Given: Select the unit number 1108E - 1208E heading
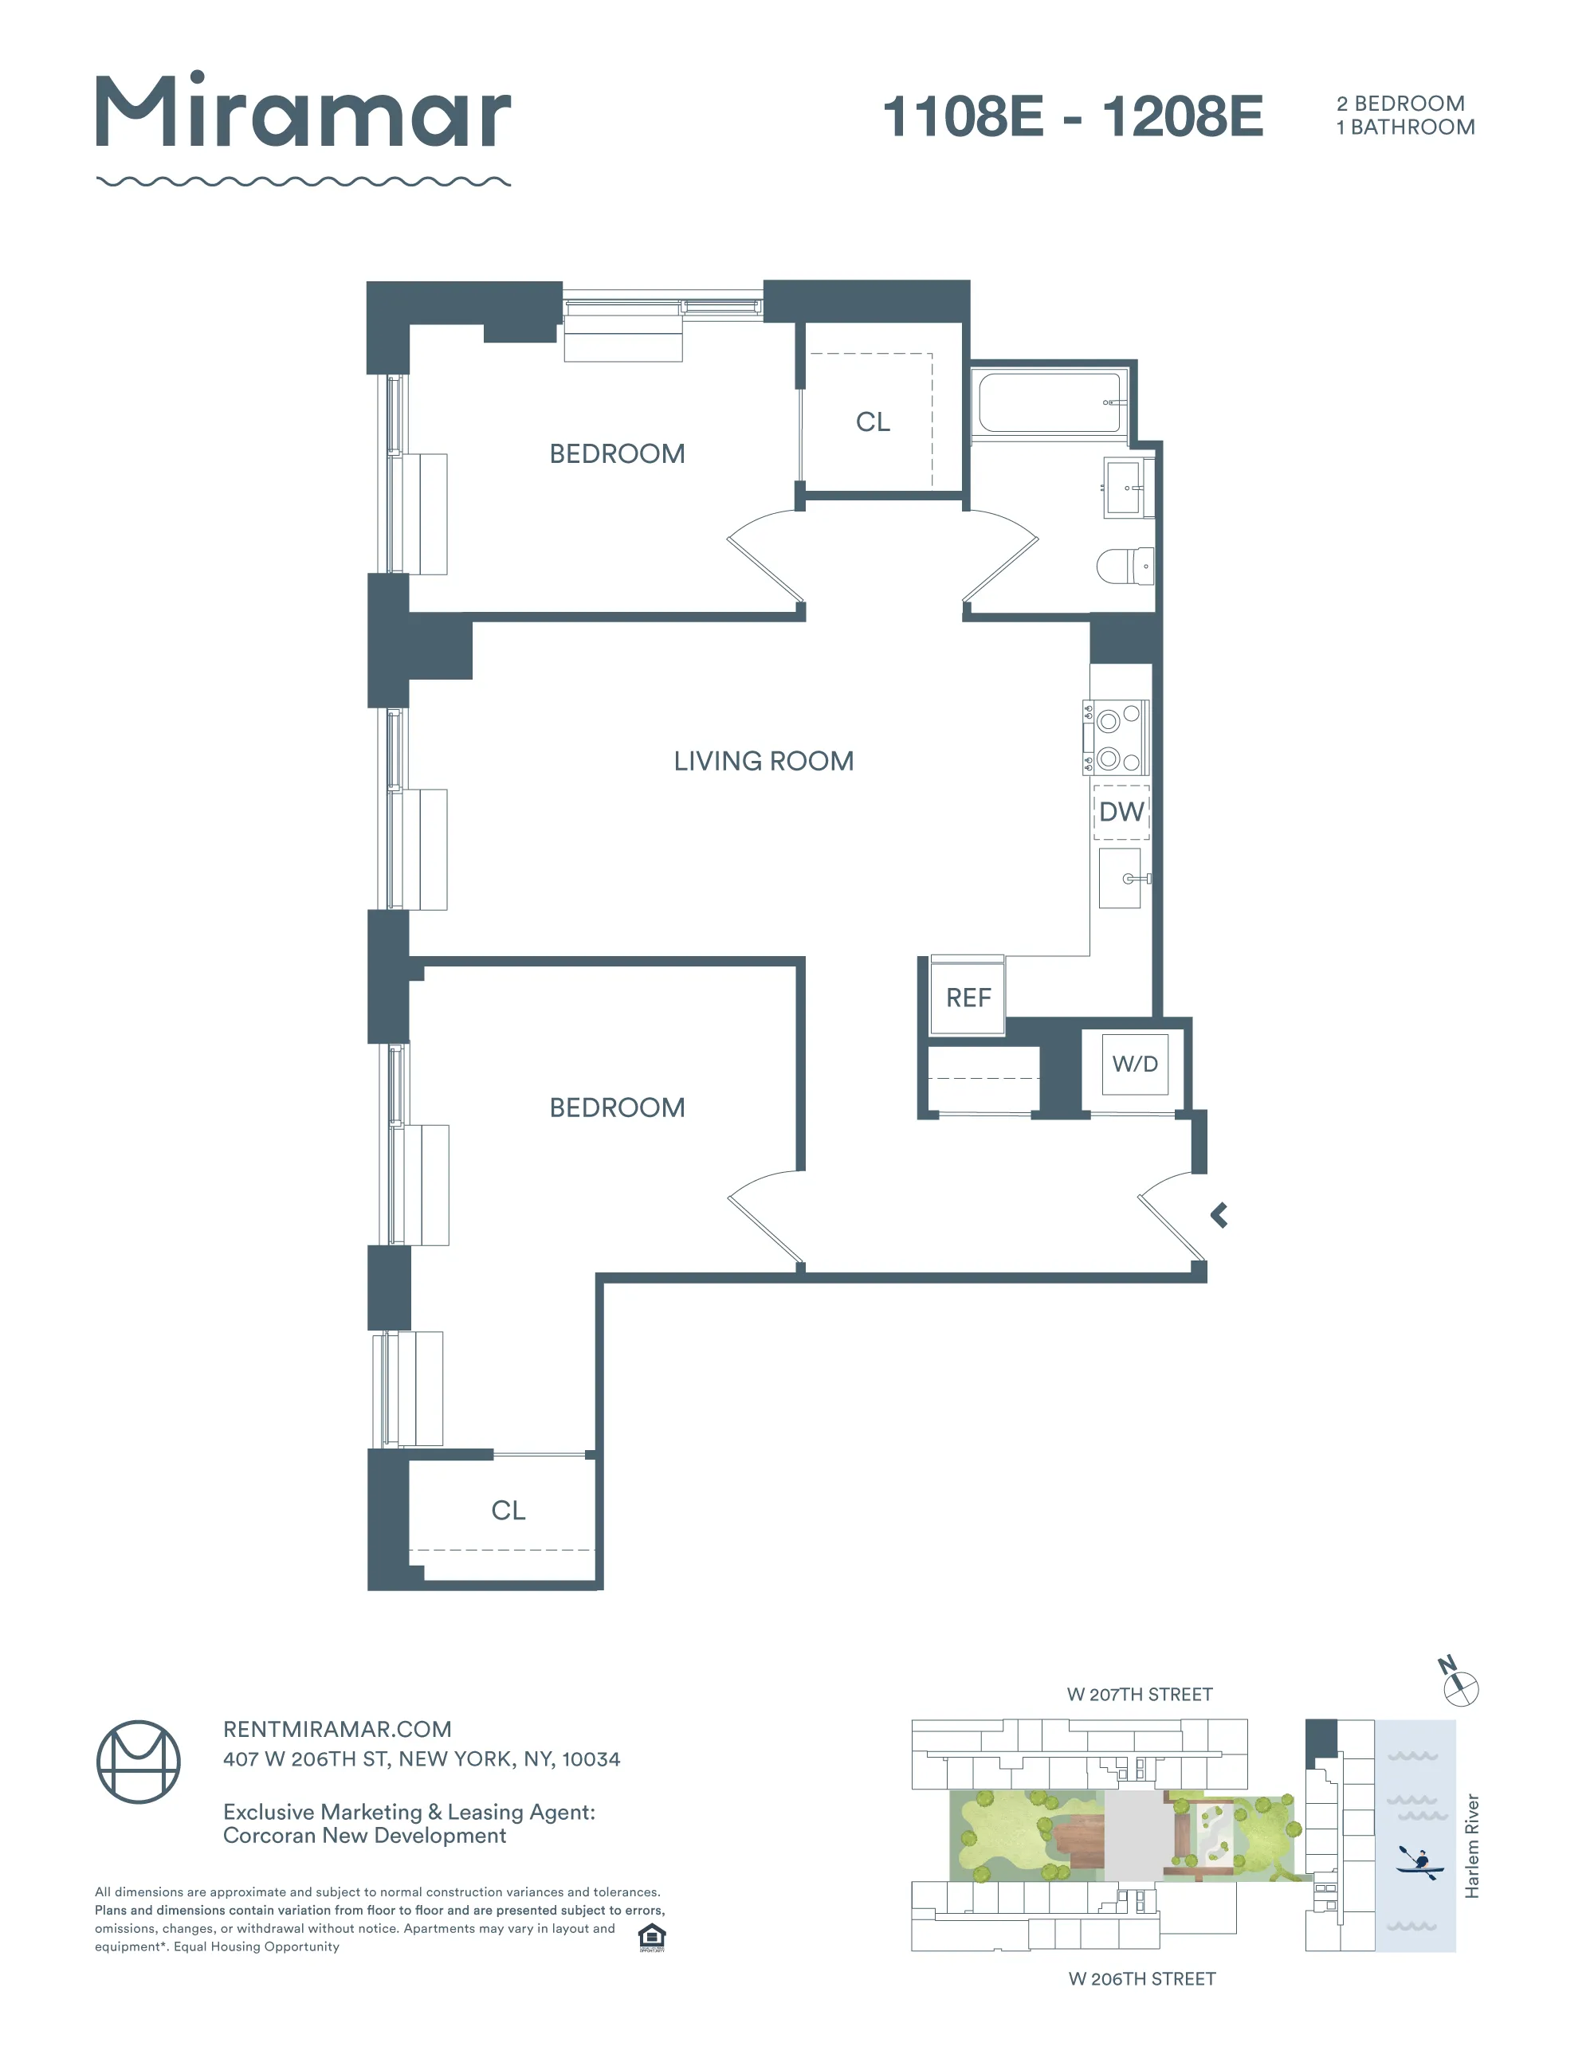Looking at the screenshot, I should click(1072, 117).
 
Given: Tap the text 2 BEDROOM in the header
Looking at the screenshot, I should click(1400, 103).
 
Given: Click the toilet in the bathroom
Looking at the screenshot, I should click(1125, 566).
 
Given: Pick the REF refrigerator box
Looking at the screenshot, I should click(967, 997).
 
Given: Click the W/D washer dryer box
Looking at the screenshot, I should click(1134, 1064).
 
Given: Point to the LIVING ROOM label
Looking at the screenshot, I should click(763, 761).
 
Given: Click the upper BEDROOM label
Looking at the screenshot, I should click(617, 454).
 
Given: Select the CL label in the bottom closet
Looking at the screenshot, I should click(508, 1511).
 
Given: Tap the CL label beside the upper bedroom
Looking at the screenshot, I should click(873, 422).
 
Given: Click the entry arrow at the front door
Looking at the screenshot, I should click(1219, 1215).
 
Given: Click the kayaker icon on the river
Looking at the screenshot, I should click(1419, 1862).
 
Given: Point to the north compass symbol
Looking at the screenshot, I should click(1459, 1688).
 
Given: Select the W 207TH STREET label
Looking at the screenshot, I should click(1139, 1695).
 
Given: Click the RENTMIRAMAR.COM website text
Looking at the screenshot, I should click(337, 1730).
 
